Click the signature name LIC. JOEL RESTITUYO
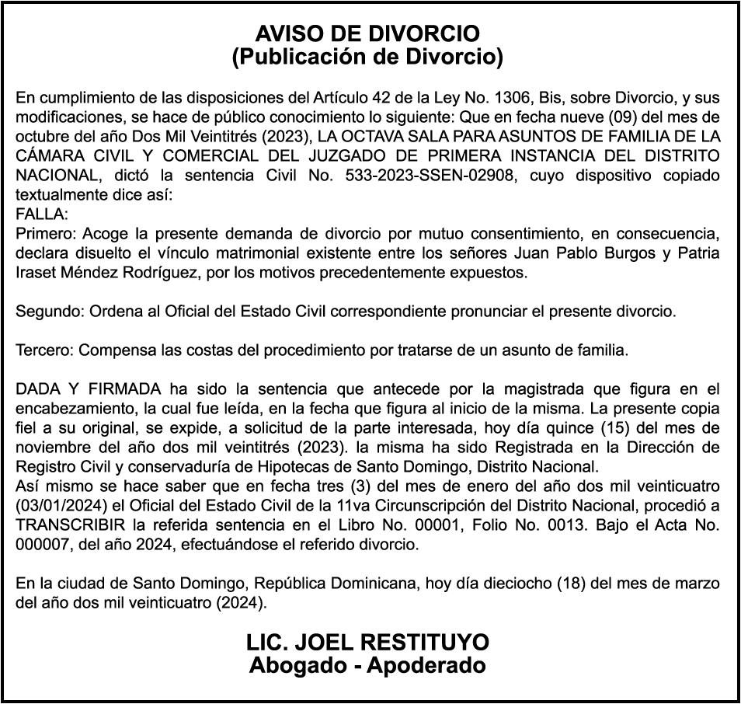tap(368, 643)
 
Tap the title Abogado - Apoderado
tap(368, 666)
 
